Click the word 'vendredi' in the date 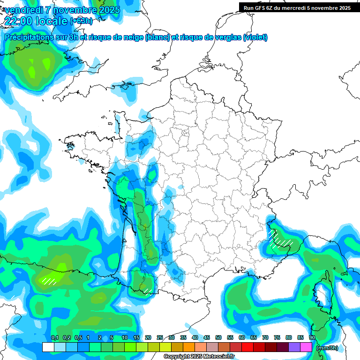pyautogui.click(x=22, y=10)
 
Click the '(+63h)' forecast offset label pyautogui.click(x=81, y=21)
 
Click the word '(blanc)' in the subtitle pyautogui.click(x=157, y=37)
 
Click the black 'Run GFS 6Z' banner pyautogui.click(x=297, y=7)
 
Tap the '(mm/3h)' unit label pyautogui.click(x=327, y=348)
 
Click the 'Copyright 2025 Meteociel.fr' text pyautogui.click(x=199, y=357)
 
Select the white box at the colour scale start pyautogui.click(x=48, y=347)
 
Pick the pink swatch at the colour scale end pyautogui.click(x=306, y=347)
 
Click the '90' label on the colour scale pyautogui.click(x=312, y=337)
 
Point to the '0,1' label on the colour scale pyautogui.click(x=55, y=337)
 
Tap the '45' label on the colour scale pyautogui.click(x=207, y=337)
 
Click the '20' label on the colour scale pyautogui.click(x=148, y=337)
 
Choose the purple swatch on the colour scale pyautogui.click(x=294, y=347)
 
